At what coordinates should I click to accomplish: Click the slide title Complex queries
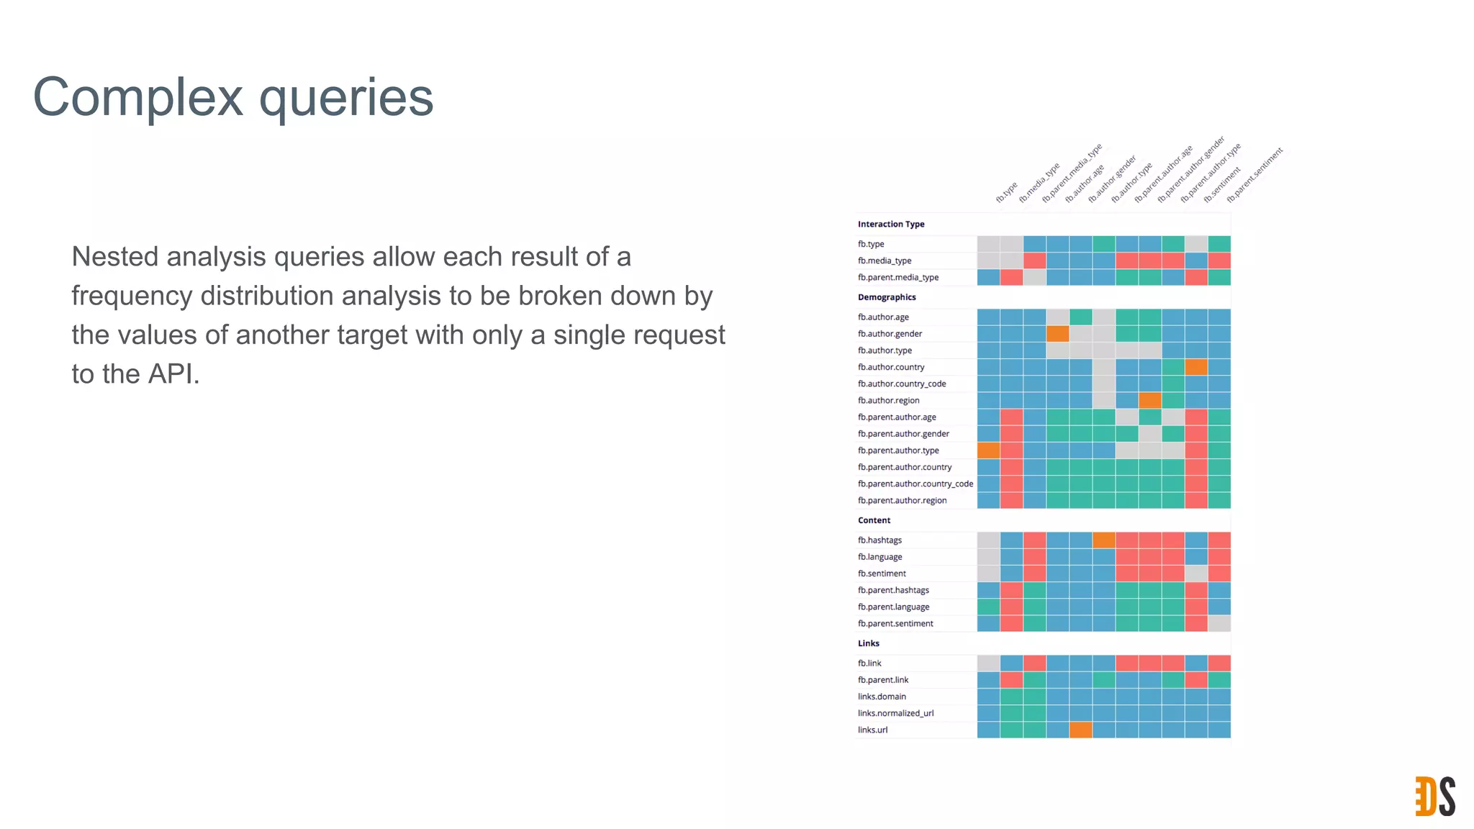coord(233,97)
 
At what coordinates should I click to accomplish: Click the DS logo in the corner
coord(1434,796)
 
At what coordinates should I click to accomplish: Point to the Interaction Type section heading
coord(890,225)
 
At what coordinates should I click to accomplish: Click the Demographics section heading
coord(886,297)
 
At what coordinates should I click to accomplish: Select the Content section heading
coord(874,520)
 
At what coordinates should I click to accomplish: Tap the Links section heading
coord(868,643)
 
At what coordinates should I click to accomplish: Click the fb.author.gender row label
coord(889,334)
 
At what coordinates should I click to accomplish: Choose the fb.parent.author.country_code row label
coord(915,484)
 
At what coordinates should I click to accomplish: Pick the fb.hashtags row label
coord(879,540)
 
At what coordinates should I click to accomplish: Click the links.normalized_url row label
coord(895,713)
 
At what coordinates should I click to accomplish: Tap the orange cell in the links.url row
coord(1080,730)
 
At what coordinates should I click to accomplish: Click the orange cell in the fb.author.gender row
coord(1057,334)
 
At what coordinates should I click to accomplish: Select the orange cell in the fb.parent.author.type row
coord(988,450)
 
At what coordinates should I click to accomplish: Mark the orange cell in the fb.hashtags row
coord(1103,540)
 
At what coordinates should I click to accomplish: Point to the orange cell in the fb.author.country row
coord(1195,367)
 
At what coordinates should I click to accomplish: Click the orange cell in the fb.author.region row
coord(1149,400)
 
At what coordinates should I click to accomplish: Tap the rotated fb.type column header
coord(1006,192)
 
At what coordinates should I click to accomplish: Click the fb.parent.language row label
coord(892,607)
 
